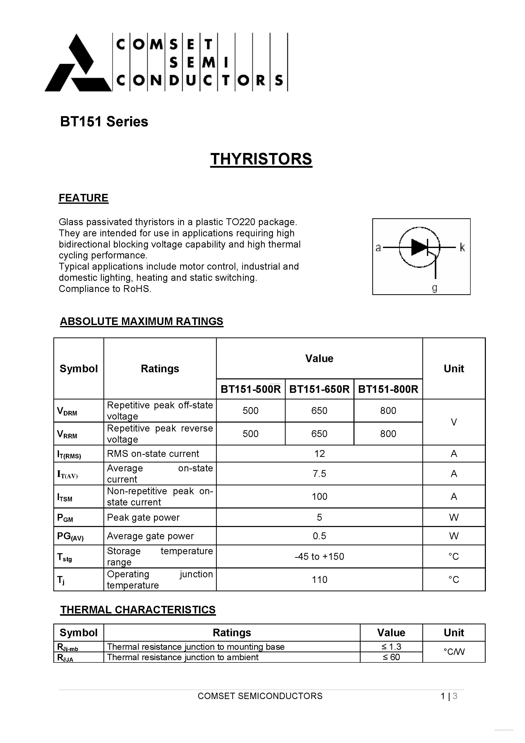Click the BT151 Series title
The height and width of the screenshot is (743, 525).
click(x=104, y=122)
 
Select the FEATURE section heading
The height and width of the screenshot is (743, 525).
click(x=84, y=198)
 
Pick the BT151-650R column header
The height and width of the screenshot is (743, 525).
click(x=319, y=389)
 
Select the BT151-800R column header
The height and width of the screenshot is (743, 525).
click(x=388, y=389)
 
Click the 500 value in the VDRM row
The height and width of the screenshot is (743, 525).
click(x=251, y=411)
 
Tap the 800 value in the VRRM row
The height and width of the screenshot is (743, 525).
click(x=388, y=434)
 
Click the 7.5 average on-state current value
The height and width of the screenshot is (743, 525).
click(x=319, y=474)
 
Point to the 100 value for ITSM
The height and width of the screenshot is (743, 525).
click(x=319, y=497)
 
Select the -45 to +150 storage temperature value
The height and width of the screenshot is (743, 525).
click(x=319, y=556)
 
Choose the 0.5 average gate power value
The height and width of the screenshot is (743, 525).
click(x=319, y=536)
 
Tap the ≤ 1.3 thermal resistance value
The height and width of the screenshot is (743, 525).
click(x=391, y=646)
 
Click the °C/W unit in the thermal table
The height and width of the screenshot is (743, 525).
click(x=454, y=652)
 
